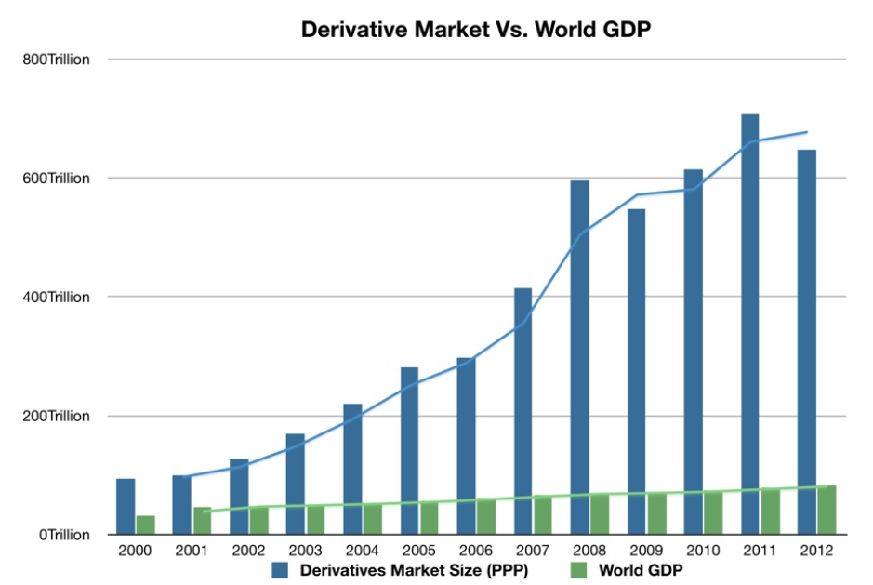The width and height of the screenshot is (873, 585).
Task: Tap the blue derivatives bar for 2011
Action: (x=749, y=325)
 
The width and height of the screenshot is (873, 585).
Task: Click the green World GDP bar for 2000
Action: (x=145, y=525)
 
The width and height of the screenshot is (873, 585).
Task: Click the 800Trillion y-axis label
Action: (x=58, y=60)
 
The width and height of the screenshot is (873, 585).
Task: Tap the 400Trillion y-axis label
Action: (x=58, y=298)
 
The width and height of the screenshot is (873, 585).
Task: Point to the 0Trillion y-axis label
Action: (x=63, y=535)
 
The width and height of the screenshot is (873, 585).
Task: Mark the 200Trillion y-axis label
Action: (x=58, y=416)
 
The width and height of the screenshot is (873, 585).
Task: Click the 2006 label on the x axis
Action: (x=475, y=551)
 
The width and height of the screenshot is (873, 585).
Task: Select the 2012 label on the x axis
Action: (x=815, y=551)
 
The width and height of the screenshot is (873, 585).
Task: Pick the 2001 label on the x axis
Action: (x=192, y=551)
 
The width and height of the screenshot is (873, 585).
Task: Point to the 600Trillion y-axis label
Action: (x=58, y=179)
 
